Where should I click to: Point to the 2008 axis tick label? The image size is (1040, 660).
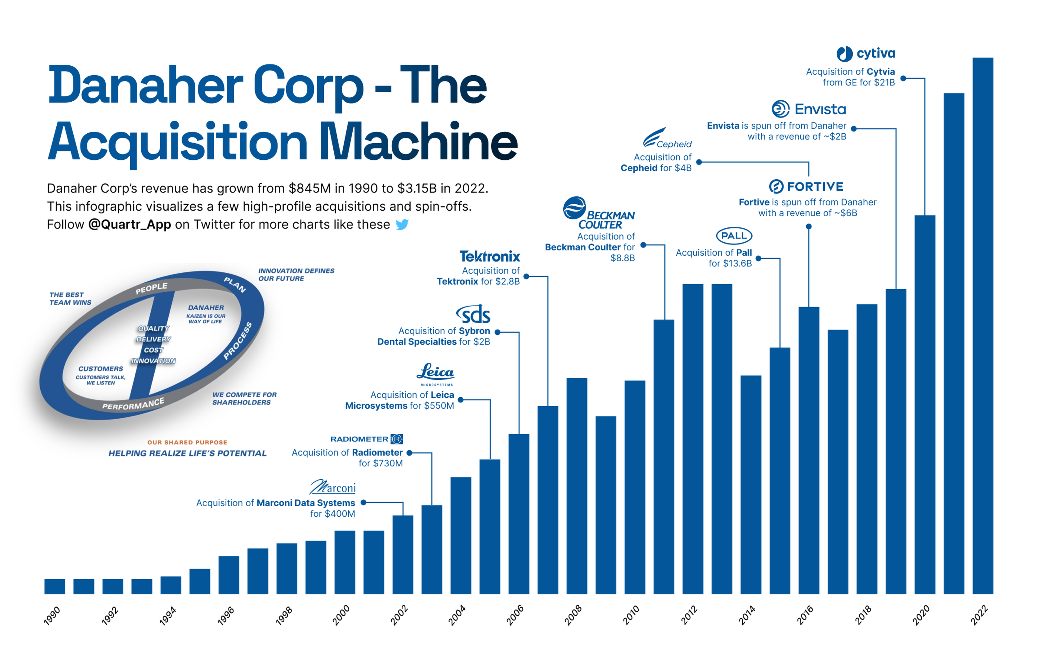click(573, 615)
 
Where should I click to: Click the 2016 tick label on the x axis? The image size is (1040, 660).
click(805, 615)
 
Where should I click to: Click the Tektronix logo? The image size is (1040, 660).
click(489, 256)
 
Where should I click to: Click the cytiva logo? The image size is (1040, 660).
click(866, 54)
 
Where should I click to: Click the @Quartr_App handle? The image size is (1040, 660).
click(129, 224)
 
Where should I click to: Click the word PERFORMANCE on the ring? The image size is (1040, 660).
click(133, 404)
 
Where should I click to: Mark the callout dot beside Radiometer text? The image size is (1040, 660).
click(409, 453)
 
